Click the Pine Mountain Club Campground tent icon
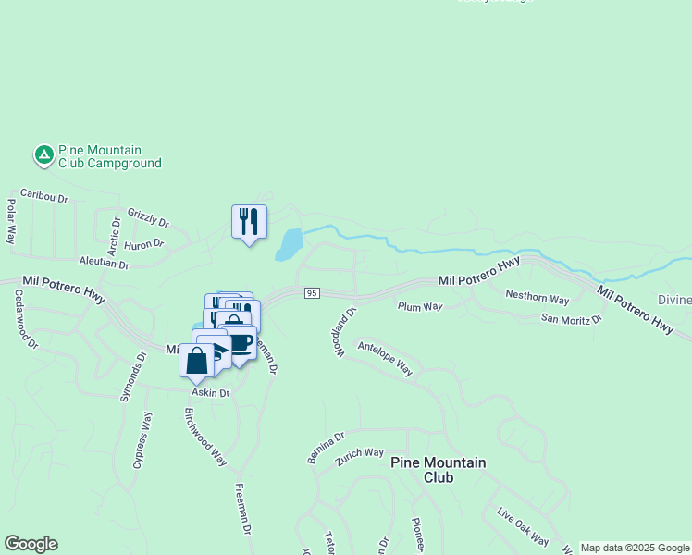click(x=43, y=155)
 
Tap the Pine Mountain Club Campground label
click(x=110, y=157)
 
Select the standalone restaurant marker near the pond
click(x=249, y=222)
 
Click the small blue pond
click(x=289, y=245)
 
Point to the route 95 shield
click(x=312, y=293)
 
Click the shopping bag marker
click(x=197, y=360)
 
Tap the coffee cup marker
click(x=241, y=342)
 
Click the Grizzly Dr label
click(x=148, y=217)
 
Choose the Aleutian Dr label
click(x=105, y=263)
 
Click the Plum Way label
click(x=420, y=306)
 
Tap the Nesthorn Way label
click(x=537, y=298)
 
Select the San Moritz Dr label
click(x=571, y=319)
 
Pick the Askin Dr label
click(x=211, y=393)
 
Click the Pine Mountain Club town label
click(x=438, y=470)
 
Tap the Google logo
click(x=31, y=544)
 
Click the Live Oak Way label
click(x=523, y=527)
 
